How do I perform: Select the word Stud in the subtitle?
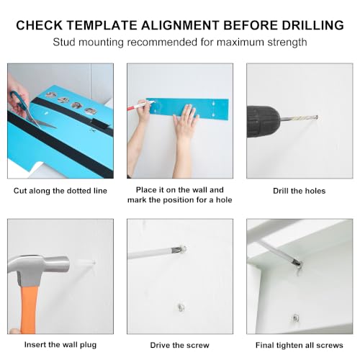[64, 42]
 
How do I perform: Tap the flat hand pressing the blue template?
[186, 120]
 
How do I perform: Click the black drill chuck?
[263, 122]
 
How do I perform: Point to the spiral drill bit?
[299, 118]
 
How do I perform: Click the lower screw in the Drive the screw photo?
[181, 307]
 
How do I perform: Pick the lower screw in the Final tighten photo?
[295, 318]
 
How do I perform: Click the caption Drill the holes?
[300, 191]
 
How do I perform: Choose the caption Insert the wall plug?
[60, 345]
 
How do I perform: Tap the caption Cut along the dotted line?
[60, 191]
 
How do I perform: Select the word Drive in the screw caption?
[160, 345]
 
